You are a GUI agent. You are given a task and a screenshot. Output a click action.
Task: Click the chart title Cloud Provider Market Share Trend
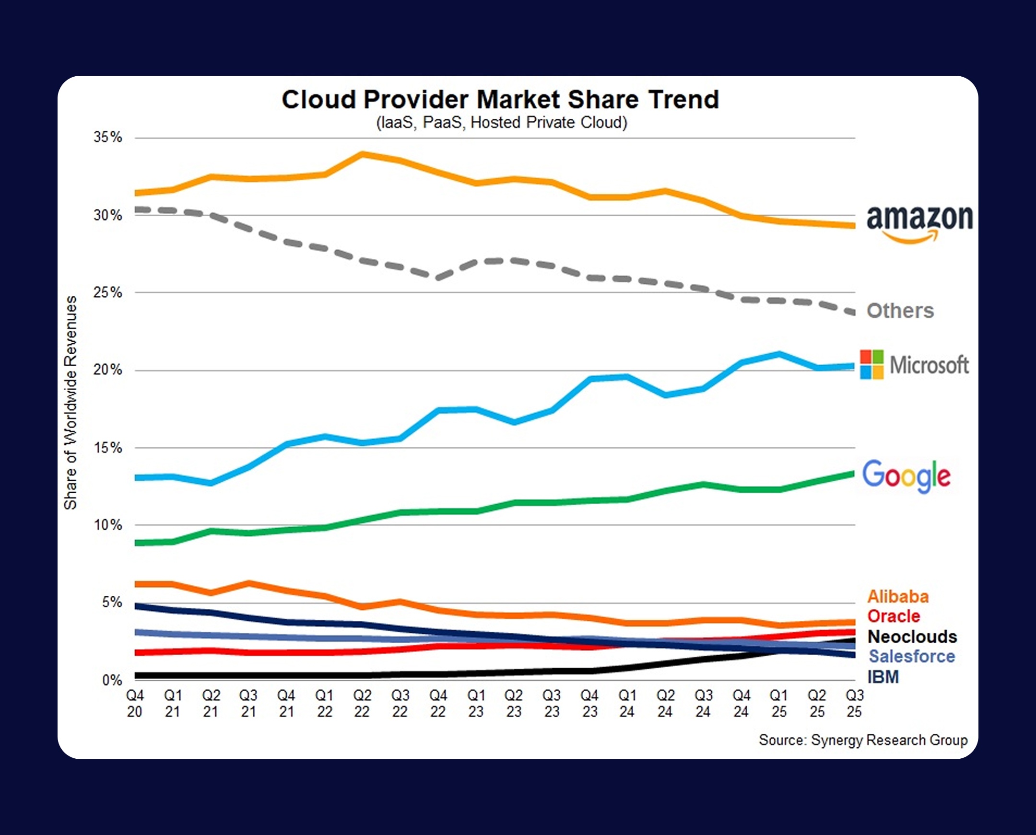pos(500,100)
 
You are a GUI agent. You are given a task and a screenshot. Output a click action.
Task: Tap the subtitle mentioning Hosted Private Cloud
pos(501,123)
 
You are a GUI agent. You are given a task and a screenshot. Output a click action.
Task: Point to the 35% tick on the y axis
pos(108,138)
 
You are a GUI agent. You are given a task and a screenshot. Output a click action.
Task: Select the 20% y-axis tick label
pos(108,371)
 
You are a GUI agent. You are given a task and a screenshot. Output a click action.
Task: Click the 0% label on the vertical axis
pos(112,680)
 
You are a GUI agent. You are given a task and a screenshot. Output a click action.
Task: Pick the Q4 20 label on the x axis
pos(135,703)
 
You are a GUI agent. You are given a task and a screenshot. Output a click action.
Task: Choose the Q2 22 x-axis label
pos(362,703)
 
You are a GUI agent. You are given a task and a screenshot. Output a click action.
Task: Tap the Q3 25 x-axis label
pos(855,703)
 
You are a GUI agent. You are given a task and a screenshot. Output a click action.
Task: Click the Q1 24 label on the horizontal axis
pos(627,703)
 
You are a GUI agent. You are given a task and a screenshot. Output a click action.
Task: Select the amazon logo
pos(919,223)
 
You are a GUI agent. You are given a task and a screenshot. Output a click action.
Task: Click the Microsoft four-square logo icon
pos(872,365)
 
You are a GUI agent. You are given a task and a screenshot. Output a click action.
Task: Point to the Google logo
pos(906,475)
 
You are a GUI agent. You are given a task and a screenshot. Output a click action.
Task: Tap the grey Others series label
pos(900,311)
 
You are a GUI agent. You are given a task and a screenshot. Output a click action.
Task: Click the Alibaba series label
pos(898,596)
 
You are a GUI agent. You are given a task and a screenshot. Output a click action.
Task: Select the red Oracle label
pos(894,616)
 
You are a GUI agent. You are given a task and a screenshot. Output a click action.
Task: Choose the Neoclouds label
pos(912,637)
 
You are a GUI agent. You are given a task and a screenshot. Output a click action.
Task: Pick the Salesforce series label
pos(911,656)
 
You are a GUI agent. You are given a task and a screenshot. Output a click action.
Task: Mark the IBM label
pos(883,677)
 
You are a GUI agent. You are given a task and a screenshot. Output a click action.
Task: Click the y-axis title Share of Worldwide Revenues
pos(71,402)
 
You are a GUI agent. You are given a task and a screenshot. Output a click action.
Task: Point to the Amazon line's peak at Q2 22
pos(362,154)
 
